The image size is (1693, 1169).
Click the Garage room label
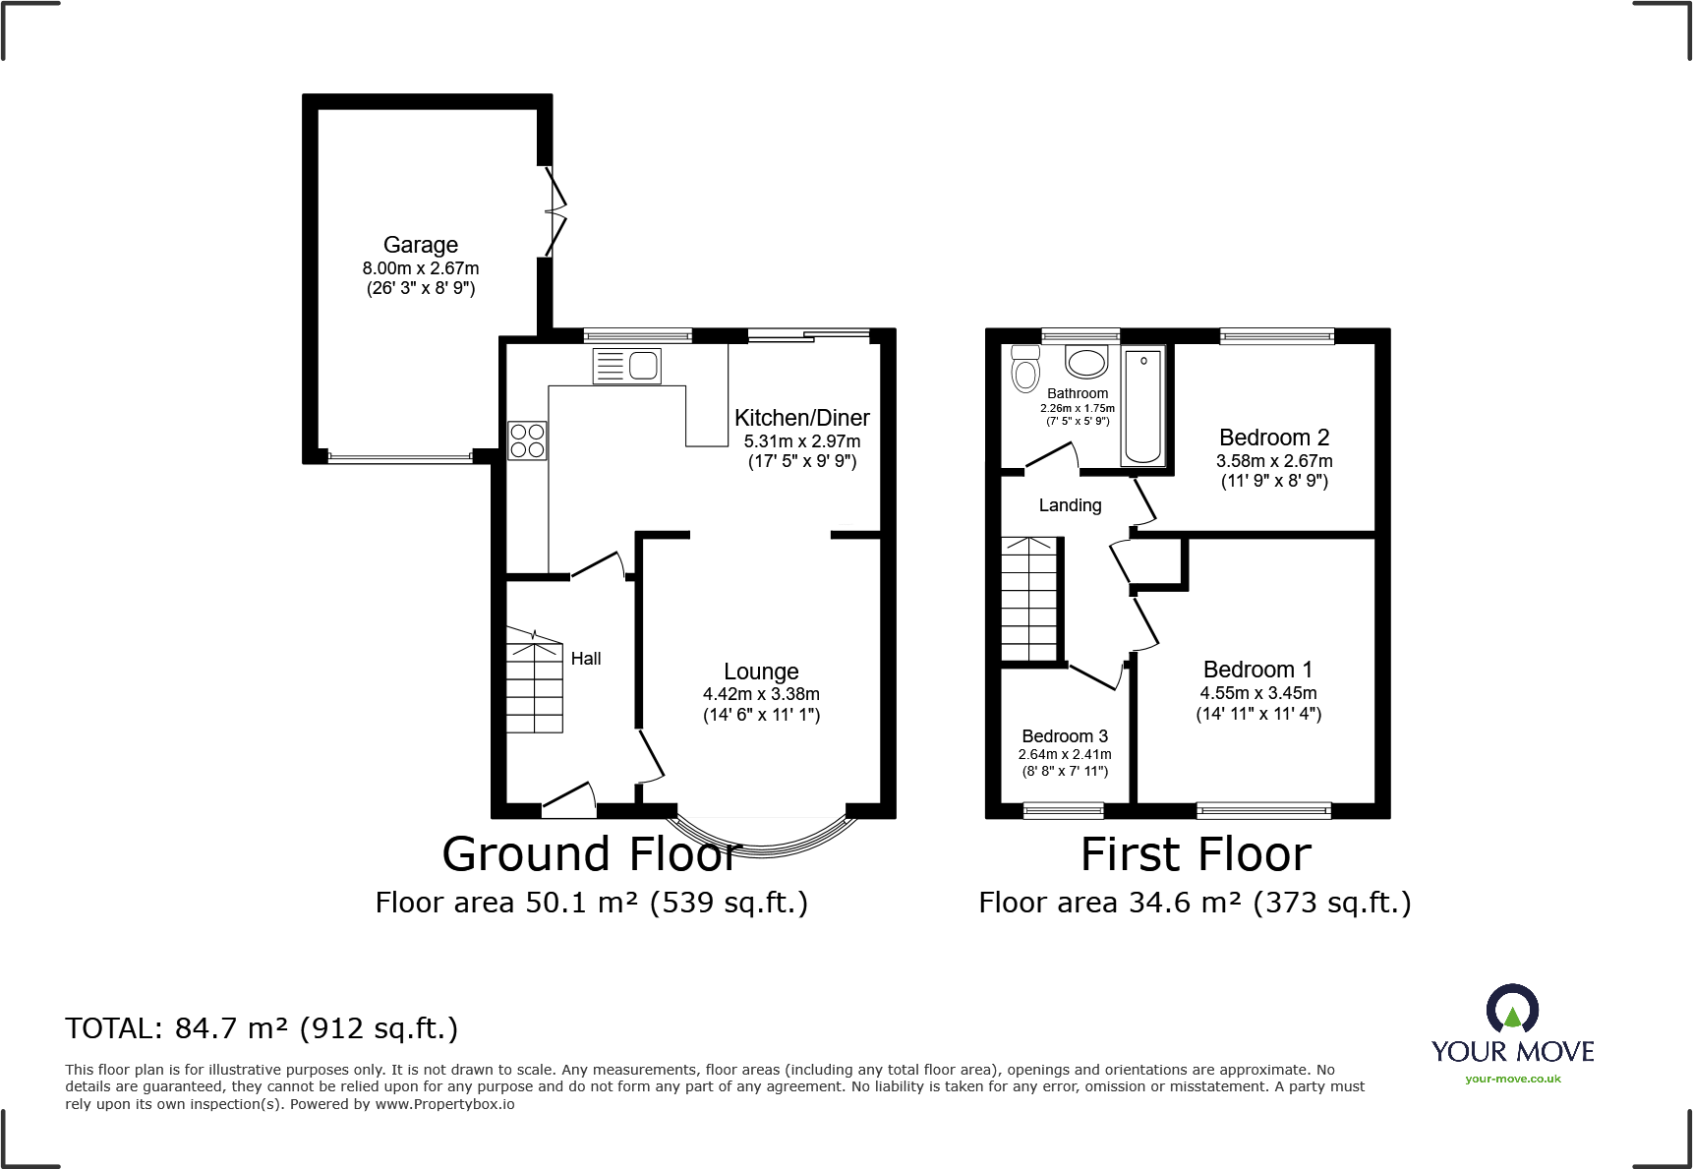pyautogui.click(x=420, y=245)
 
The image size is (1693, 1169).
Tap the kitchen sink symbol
pyautogui.click(x=627, y=366)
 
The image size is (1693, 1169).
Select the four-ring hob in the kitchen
pyautogui.click(x=527, y=440)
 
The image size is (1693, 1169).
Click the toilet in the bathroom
pyautogui.click(x=1025, y=370)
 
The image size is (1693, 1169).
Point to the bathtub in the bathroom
pyautogui.click(x=1142, y=405)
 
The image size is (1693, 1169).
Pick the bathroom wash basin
pyautogui.click(x=1086, y=362)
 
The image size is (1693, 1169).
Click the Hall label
pyautogui.click(x=586, y=659)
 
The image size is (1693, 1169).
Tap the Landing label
pyautogui.click(x=1070, y=505)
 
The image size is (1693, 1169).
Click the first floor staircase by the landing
pyautogui.click(x=1029, y=599)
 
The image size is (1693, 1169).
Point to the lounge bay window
pyautogui.click(x=761, y=836)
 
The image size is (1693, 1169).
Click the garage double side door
pyautogui.click(x=555, y=210)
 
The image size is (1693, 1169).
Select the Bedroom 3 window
pyautogui.click(x=1063, y=810)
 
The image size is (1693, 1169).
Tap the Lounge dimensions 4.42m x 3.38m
pyautogui.click(x=761, y=694)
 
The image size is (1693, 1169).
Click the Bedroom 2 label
pyautogui.click(x=1274, y=438)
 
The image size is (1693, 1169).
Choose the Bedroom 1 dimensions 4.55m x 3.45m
pyautogui.click(x=1257, y=693)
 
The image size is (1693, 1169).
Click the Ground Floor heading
pyautogui.click(x=590, y=853)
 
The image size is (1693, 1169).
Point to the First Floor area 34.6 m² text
pyautogui.click(x=1195, y=903)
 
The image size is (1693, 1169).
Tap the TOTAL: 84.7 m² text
pyautogui.click(x=262, y=1028)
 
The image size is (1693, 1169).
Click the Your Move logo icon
pyautogui.click(x=1512, y=1010)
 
